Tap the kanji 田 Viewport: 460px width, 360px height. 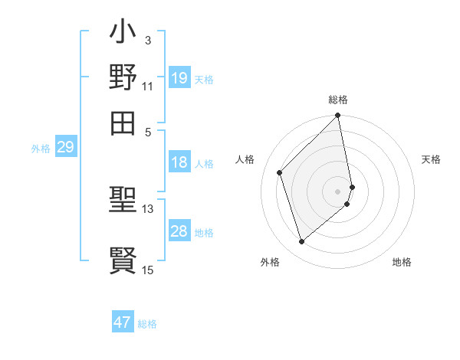tap(123, 121)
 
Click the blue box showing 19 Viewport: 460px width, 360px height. tap(179, 78)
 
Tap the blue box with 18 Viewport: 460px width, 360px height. tap(179, 162)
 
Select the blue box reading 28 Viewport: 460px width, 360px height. tap(179, 231)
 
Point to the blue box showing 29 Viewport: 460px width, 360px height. tap(65, 147)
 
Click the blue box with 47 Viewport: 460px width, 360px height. tap(123, 322)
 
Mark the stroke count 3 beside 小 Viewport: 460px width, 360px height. tap(147, 39)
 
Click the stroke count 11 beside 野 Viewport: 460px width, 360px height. tap(147, 85)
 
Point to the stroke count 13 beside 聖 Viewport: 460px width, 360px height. tap(147, 208)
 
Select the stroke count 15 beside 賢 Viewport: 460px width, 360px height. tap(147, 269)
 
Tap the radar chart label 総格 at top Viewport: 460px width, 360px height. tap(338, 100)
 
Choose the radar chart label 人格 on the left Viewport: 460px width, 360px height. tap(245, 159)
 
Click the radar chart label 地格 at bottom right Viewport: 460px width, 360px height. tap(402, 262)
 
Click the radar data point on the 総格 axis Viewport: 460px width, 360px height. tap(338, 116)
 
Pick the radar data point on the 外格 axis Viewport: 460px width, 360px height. tap(302, 242)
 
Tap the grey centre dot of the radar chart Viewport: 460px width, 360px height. tap(338, 191)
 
